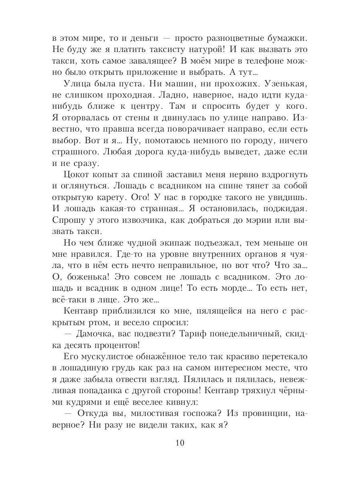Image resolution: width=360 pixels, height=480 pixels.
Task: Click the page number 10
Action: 180,443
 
